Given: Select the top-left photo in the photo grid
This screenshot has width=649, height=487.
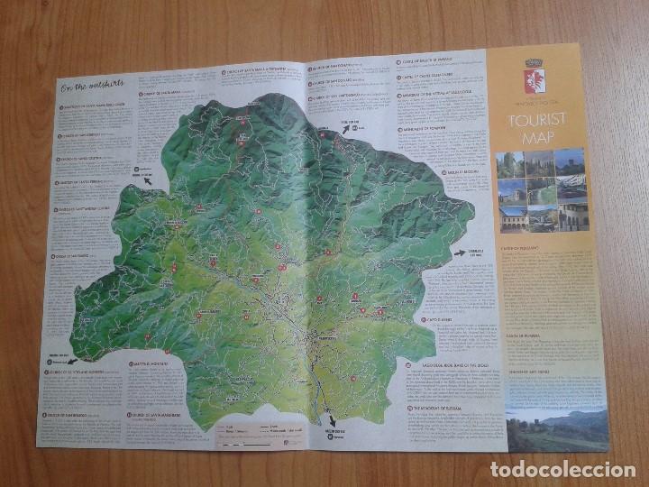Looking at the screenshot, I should click(510, 165).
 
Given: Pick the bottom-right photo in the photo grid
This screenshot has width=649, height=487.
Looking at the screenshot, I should click(573, 217).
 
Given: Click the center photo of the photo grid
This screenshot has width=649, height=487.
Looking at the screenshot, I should click(542, 191).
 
